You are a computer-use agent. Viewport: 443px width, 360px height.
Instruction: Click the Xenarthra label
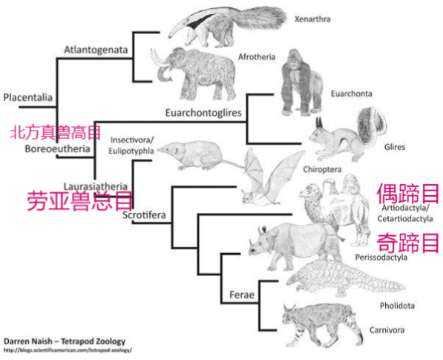(x=312, y=19)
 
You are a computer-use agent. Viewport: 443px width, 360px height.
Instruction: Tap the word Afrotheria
(x=257, y=57)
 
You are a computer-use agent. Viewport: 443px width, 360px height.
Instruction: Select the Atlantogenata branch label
(x=96, y=50)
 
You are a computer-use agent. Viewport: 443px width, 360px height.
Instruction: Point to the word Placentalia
(x=28, y=98)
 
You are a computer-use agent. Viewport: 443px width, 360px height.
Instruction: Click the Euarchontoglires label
(x=203, y=113)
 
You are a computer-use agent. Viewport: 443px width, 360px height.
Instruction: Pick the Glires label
(x=395, y=147)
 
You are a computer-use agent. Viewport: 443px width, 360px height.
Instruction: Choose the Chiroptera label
(x=322, y=169)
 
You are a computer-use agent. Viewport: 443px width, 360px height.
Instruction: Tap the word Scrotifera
(x=144, y=215)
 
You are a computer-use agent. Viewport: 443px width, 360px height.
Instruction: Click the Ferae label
(x=242, y=295)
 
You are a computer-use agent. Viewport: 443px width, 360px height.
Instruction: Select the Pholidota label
(x=397, y=306)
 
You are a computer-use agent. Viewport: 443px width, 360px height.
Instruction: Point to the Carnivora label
(x=387, y=330)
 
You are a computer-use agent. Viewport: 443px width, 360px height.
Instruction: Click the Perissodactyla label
(x=381, y=258)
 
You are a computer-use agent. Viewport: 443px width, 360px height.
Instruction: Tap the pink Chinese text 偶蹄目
(x=407, y=194)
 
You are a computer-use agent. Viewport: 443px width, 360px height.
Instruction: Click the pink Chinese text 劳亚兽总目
(x=79, y=200)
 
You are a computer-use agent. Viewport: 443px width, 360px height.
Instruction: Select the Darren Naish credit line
(x=65, y=341)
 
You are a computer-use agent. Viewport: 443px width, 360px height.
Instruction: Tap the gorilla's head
(x=294, y=57)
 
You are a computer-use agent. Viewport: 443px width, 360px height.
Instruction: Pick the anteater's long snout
(x=179, y=28)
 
